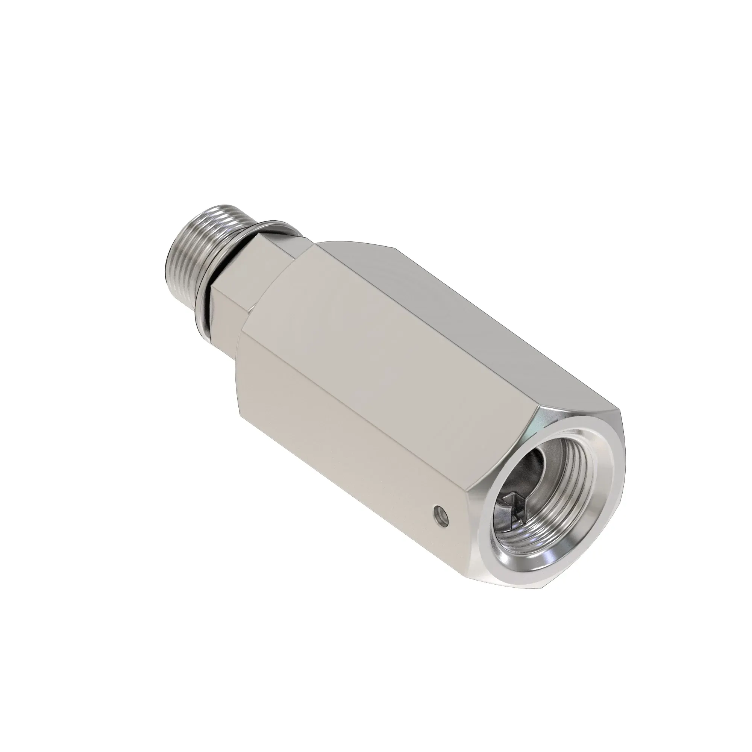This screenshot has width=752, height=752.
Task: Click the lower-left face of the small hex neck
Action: click(x=222, y=311)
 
